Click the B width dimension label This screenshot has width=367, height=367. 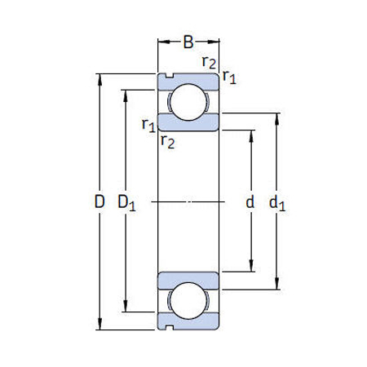click(x=188, y=41)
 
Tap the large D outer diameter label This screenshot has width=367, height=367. click(x=99, y=201)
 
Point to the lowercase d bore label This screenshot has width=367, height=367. click(x=250, y=201)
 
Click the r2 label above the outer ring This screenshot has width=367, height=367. click(x=209, y=63)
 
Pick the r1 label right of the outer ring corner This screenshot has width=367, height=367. click(x=229, y=77)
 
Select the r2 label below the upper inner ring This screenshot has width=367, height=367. click(x=167, y=142)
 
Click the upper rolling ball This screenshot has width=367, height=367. click(x=188, y=102)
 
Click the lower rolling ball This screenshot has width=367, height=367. click(x=188, y=299)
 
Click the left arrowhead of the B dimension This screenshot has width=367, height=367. click(x=161, y=41)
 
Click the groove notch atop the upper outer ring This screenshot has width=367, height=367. click(x=168, y=77)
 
